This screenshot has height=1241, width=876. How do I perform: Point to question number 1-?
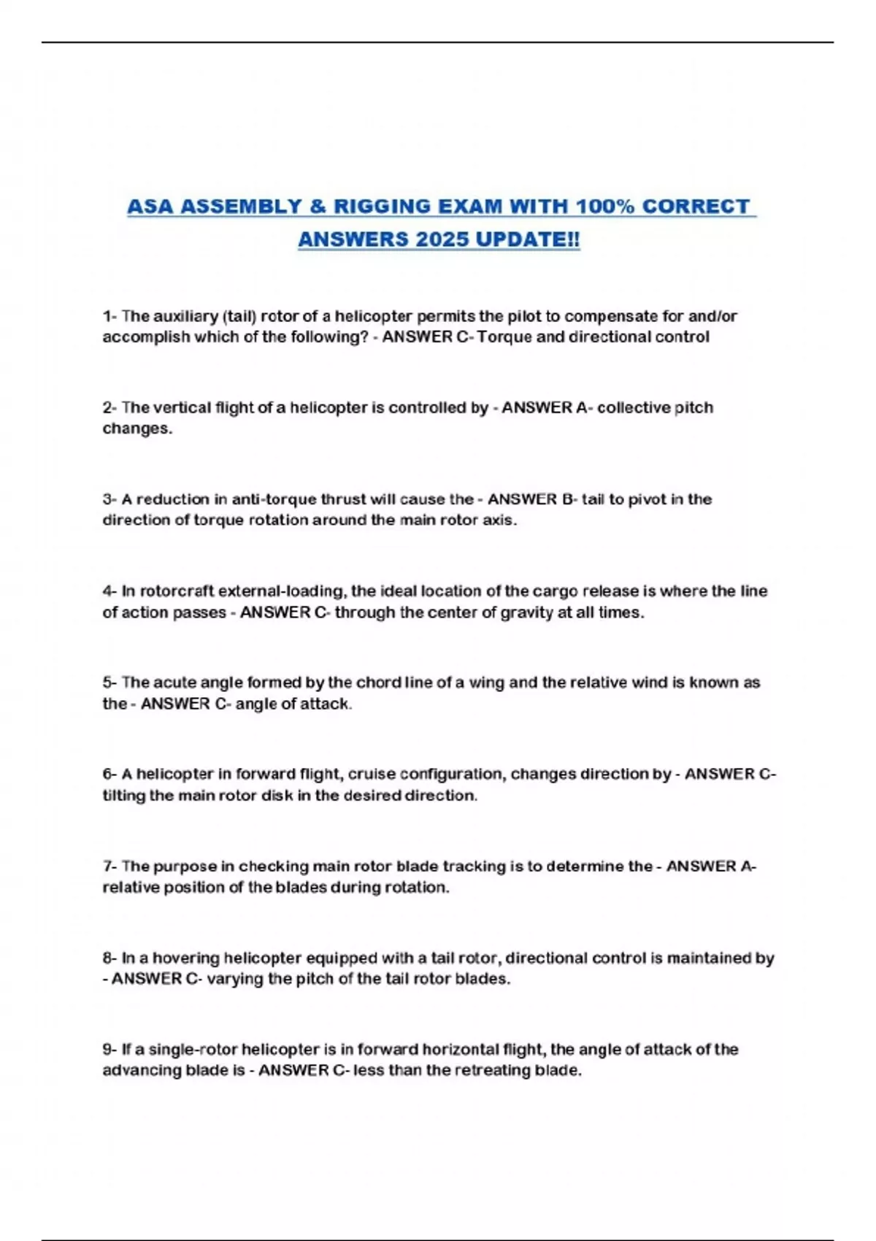[x=109, y=317]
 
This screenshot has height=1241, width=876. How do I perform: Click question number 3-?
[x=109, y=500]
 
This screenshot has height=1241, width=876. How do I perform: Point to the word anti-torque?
[x=274, y=500]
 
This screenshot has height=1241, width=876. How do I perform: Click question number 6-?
[x=109, y=775]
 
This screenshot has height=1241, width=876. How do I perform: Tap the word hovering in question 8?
[x=185, y=958]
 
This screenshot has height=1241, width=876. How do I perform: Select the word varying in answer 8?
[x=236, y=979]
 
